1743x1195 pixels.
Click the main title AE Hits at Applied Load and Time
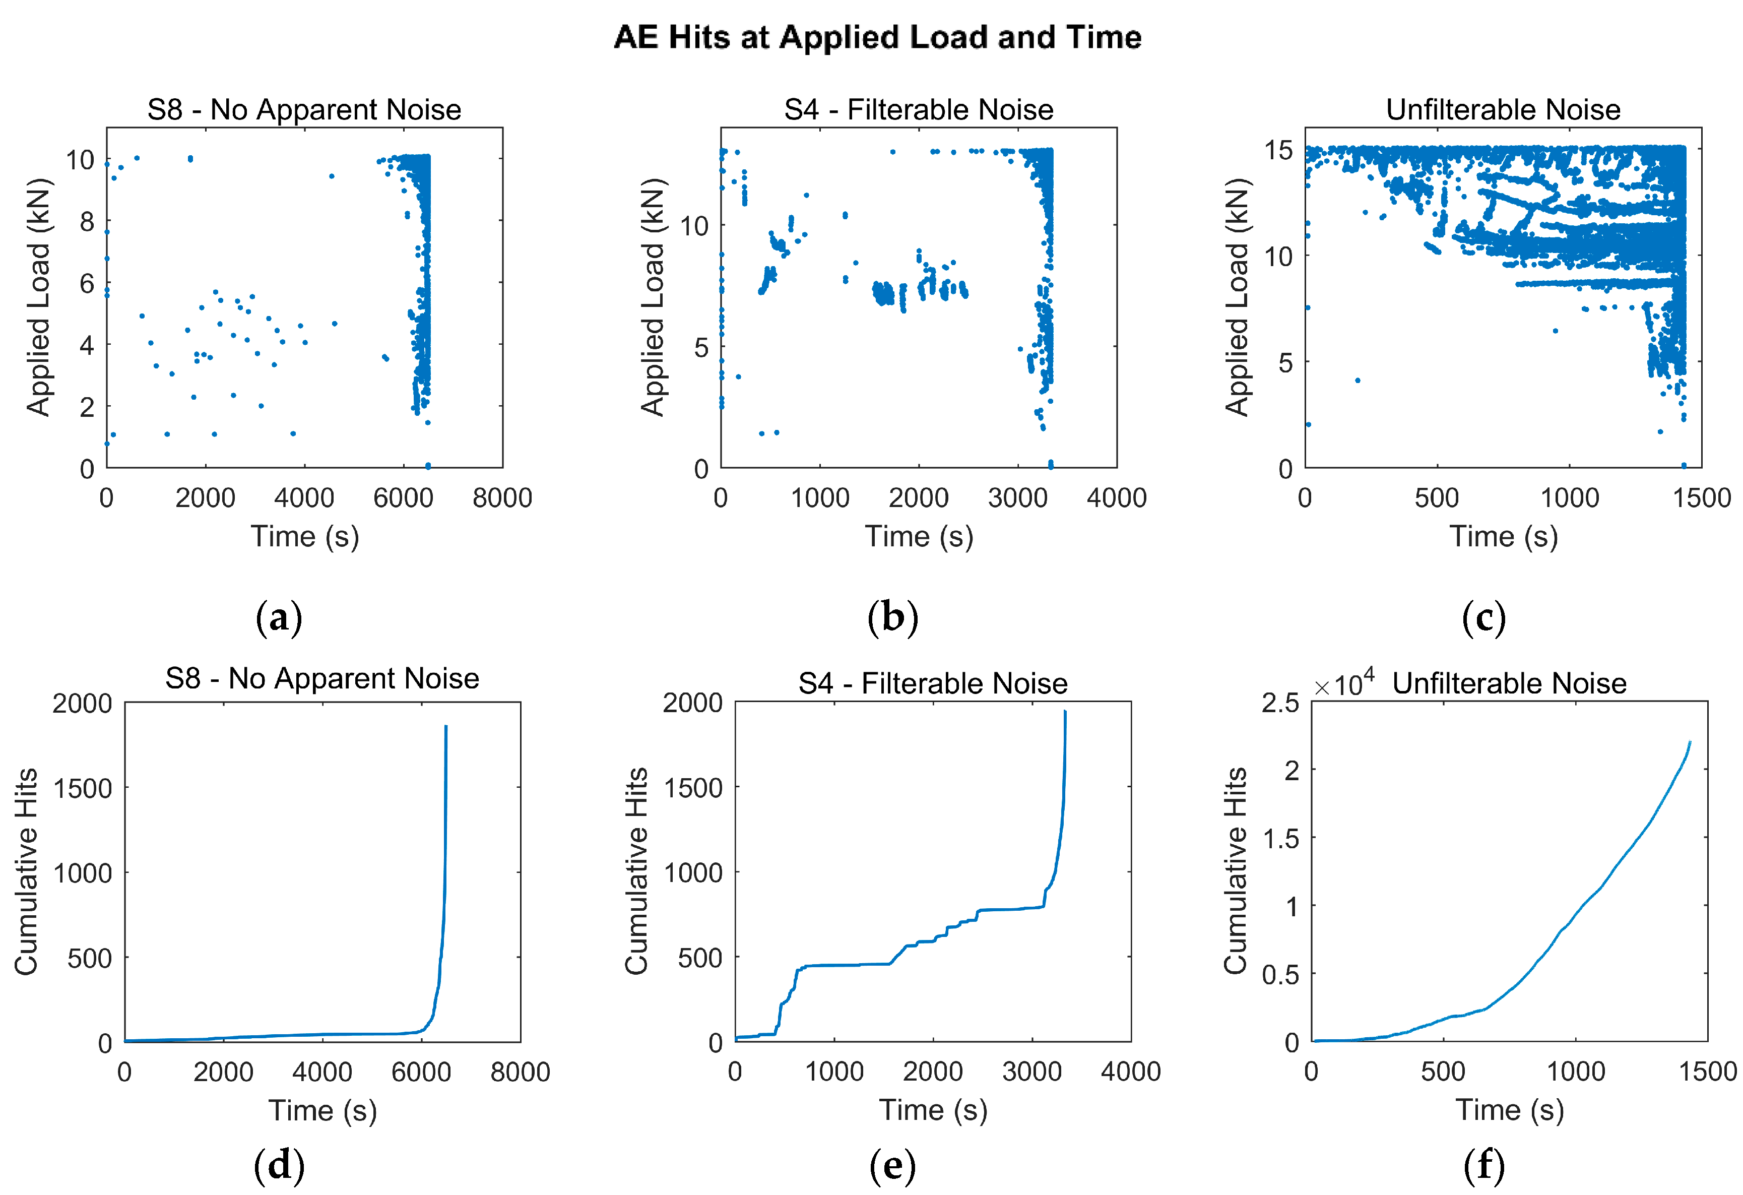(877, 37)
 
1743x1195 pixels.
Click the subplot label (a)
(279, 618)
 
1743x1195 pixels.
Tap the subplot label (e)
(892, 1165)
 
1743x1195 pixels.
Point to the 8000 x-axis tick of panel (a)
(502, 498)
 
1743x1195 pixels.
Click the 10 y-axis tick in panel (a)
(80, 160)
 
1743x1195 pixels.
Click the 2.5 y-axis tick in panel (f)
(1279, 703)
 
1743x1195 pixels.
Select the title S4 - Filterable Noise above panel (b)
(918, 110)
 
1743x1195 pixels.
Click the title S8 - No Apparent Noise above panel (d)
(322, 679)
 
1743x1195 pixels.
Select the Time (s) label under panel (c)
(1503, 537)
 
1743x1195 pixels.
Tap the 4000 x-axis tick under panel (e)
(1130, 1071)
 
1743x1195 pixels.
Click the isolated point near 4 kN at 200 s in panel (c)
(1358, 381)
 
